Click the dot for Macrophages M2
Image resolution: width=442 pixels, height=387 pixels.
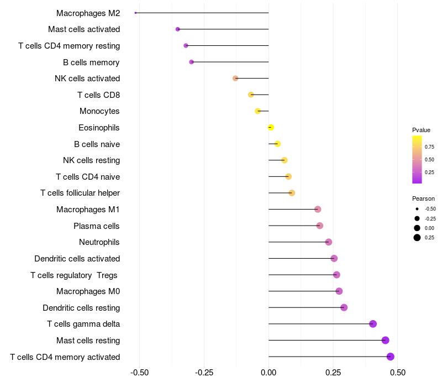tap(135, 13)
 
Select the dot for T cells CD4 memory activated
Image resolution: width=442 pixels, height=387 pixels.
tap(391, 357)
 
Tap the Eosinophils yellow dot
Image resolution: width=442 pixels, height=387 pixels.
tap(270, 128)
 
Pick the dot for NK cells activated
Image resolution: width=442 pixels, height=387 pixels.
tap(235, 79)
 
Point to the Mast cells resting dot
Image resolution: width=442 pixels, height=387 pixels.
tap(386, 341)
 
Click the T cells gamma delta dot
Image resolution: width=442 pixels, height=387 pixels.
tap(373, 324)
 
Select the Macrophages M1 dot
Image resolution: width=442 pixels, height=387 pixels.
tap(318, 210)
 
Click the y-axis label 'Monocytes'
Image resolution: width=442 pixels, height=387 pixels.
tap(99, 111)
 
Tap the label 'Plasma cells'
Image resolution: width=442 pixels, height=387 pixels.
tap(97, 226)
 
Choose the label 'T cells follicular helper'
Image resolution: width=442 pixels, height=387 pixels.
tap(80, 193)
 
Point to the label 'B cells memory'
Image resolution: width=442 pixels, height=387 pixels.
tap(91, 62)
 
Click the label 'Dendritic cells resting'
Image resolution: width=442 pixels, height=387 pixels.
tap(81, 307)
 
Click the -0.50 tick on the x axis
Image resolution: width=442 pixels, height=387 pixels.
tap(139, 373)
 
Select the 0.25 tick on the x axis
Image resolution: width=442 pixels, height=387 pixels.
tap(333, 373)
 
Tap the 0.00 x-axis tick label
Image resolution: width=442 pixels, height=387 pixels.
tap(269, 373)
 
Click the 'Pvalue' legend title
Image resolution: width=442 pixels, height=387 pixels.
tap(421, 130)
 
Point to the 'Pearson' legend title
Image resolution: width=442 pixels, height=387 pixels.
tap(423, 198)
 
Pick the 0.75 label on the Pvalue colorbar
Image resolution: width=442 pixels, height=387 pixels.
tap(429, 147)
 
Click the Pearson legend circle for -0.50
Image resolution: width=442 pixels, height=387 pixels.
tap(417, 209)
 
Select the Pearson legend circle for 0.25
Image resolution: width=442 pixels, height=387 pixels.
tap(417, 238)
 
